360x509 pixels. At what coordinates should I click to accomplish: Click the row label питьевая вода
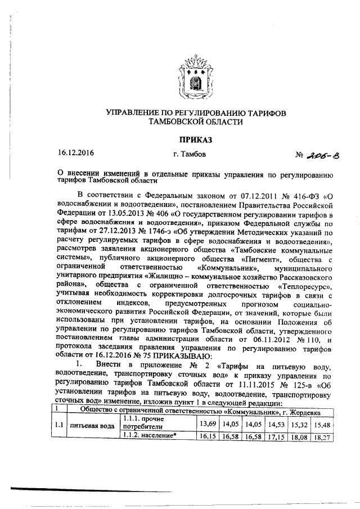point(92,425)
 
